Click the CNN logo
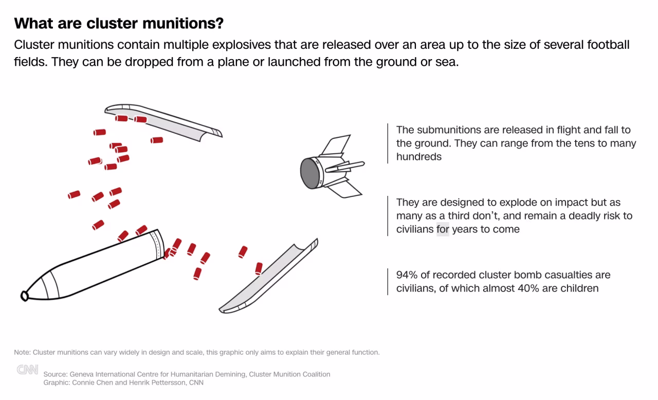pos(27,370)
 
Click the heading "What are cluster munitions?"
pos(119,23)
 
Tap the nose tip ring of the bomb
pos(24,296)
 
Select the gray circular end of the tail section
pos(309,172)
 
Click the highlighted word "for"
pos(443,229)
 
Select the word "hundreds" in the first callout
pos(418,157)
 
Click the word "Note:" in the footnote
pos(23,353)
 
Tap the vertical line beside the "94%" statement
pos(388,282)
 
